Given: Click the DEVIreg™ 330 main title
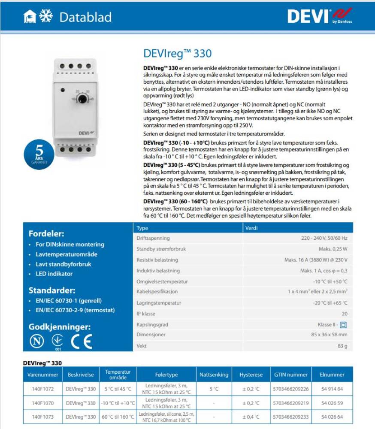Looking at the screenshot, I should pos(177,54).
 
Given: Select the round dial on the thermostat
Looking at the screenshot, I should pos(82,99).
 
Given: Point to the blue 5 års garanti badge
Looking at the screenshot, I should pos(39,153).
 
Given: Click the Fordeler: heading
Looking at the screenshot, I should pos(46,234).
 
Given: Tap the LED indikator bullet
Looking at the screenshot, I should pos(54,274).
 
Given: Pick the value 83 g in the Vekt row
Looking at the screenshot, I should pos(342,346).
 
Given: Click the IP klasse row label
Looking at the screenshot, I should pos(146,314).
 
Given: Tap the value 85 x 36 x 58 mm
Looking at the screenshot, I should pos(329,335).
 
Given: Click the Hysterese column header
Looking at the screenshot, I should pos(251,375).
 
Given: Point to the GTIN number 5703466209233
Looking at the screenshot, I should pos(290,417).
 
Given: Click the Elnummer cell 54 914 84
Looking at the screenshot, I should pos(332,389).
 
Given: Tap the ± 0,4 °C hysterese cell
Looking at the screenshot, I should pos(251,417).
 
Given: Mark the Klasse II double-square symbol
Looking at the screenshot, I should pos(344,325).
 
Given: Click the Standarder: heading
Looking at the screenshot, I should pos(51,290).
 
